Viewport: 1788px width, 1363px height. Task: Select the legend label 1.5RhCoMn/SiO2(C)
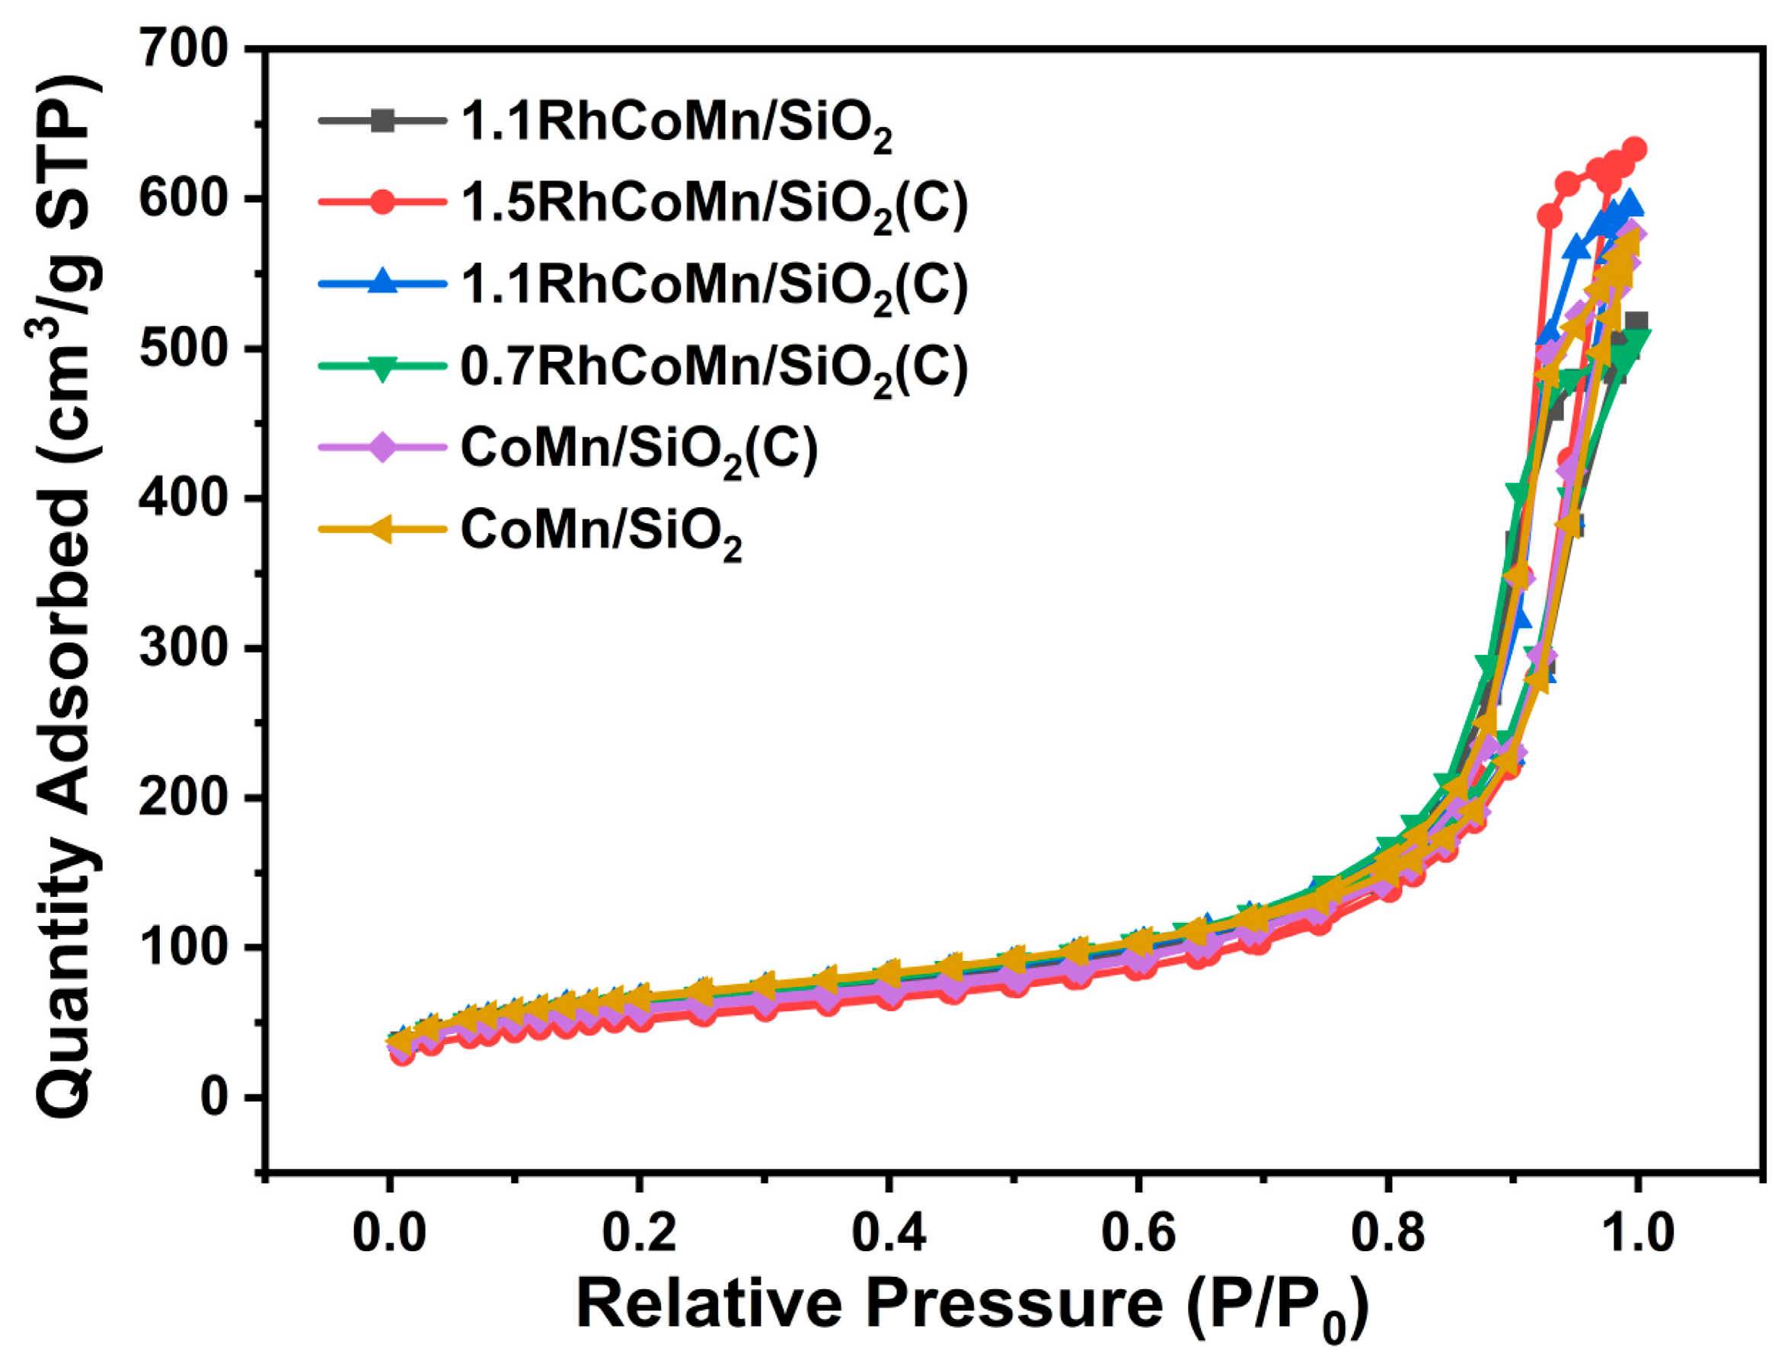(714, 203)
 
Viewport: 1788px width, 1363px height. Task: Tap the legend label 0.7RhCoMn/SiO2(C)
(714, 368)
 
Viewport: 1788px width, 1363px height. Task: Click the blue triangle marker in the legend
(382, 284)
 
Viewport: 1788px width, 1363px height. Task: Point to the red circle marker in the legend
(382, 203)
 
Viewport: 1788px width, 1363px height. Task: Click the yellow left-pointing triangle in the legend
(381, 530)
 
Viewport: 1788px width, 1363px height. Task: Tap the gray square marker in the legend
(382, 122)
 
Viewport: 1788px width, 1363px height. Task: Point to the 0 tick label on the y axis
(212, 1097)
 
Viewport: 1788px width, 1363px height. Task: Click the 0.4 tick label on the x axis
(889, 1232)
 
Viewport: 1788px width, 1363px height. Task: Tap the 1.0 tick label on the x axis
(1636, 1232)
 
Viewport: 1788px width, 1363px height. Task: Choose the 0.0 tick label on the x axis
(389, 1232)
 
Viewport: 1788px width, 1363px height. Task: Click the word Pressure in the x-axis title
(1014, 1304)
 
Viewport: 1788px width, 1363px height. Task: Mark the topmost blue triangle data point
(1629, 202)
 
